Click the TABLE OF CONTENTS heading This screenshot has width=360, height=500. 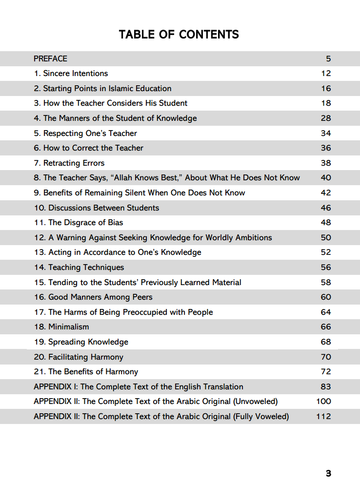179,35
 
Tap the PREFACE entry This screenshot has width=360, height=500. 50,58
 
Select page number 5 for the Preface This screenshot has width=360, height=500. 328,58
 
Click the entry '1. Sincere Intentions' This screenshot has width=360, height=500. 71,74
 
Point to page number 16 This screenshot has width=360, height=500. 326,89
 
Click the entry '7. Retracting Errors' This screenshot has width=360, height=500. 69,163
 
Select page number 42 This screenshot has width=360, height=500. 326,193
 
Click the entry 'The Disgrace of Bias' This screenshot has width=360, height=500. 79,223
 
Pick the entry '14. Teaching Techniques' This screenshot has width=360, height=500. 79,268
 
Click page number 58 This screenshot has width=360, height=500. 326,282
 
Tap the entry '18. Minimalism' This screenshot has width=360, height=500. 61,327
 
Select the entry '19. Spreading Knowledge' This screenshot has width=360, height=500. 81,342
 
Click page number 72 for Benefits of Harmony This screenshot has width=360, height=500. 326,372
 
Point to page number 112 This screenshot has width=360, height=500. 323,417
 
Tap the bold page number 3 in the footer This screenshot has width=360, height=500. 328,473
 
